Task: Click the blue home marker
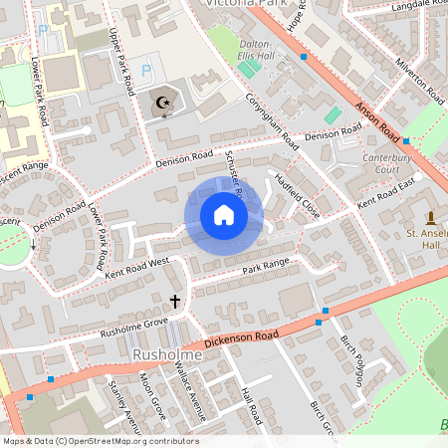pyautogui.click(x=224, y=215)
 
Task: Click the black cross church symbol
pyautogui.click(x=175, y=300)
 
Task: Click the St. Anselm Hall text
pyautogui.click(x=423, y=240)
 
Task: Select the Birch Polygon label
pyautogui.click(x=352, y=360)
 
